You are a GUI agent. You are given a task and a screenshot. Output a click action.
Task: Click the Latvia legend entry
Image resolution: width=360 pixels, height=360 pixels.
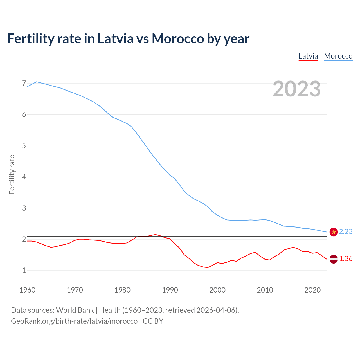pyautogui.click(x=308, y=56)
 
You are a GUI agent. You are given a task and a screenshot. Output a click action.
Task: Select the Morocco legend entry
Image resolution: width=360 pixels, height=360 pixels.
pyautogui.click(x=338, y=56)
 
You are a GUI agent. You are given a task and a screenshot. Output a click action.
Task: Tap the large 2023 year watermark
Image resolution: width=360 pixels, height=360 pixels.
pyautogui.click(x=297, y=89)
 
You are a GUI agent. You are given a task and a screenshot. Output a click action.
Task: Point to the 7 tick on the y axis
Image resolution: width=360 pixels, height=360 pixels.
pyautogui.click(x=24, y=84)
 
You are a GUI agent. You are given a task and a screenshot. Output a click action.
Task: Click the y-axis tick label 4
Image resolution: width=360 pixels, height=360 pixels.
pyautogui.click(x=24, y=177)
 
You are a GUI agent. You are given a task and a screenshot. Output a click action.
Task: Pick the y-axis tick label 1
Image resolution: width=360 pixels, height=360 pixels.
pyautogui.click(x=24, y=270)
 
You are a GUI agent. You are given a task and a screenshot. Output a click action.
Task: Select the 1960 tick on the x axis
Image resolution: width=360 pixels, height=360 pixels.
pyautogui.click(x=27, y=290)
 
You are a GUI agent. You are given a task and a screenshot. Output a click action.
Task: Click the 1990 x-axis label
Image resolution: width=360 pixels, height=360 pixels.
pyautogui.click(x=170, y=290)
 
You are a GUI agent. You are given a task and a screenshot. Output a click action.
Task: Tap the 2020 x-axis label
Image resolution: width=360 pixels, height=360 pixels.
pyautogui.click(x=312, y=290)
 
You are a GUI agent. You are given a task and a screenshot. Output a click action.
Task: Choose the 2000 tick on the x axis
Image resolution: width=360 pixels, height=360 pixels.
pyautogui.click(x=217, y=290)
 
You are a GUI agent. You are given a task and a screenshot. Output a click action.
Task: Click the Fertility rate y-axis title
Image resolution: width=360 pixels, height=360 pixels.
pyautogui.click(x=12, y=174)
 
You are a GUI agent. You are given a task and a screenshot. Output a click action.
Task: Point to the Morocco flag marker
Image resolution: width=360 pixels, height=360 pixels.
pyautogui.click(x=334, y=232)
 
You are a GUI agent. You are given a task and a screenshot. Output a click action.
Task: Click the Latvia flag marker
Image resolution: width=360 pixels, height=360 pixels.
pyautogui.click(x=334, y=259)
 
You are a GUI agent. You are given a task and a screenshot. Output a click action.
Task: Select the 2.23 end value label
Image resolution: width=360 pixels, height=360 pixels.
pyautogui.click(x=346, y=231)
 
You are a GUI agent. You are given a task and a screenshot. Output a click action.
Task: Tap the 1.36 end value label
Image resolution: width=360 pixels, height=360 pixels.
pyautogui.click(x=346, y=258)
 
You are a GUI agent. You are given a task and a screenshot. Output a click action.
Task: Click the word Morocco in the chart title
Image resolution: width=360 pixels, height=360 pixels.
pyautogui.click(x=178, y=39)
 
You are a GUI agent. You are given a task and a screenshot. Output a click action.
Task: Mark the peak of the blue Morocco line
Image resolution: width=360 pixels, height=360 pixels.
pyautogui.click(x=37, y=82)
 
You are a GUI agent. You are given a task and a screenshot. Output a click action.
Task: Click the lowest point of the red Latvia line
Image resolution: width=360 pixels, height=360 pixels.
pyautogui.click(x=208, y=267)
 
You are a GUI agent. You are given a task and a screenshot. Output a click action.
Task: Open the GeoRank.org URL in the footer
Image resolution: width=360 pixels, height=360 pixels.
pyautogui.click(x=74, y=321)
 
